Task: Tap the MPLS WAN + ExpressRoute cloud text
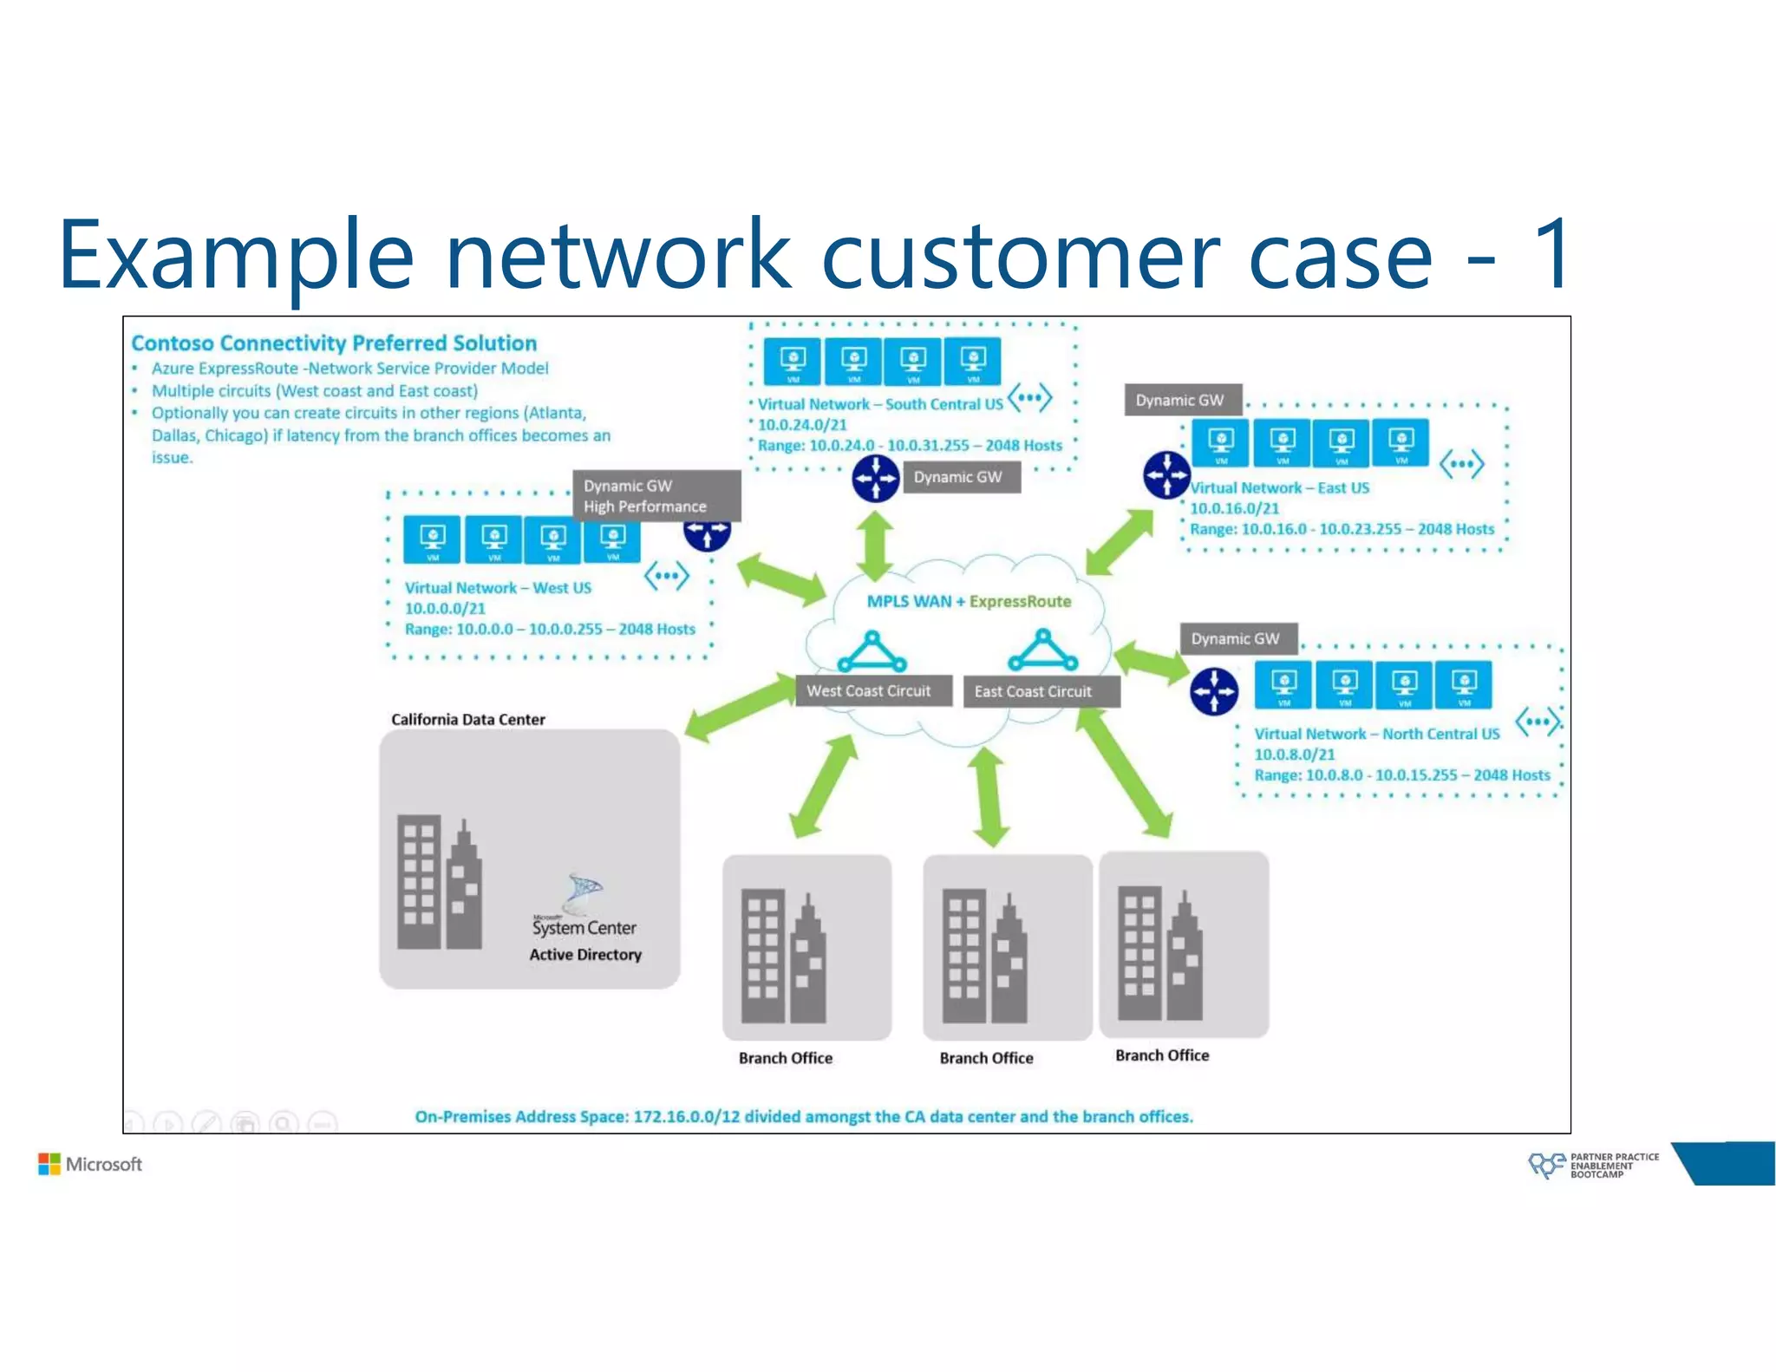[969, 601]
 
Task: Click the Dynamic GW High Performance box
[656, 496]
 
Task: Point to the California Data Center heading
[467, 719]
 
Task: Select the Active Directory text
[585, 955]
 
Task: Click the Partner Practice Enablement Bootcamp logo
[1593, 1165]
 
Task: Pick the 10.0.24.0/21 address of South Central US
[801, 424]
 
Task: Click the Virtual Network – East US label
[1280, 488]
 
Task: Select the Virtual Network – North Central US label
[1376, 734]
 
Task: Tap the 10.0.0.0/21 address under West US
[445, 608]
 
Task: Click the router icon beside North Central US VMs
[1214, 691]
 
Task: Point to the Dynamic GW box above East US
[1181, 400]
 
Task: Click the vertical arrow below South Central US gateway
[876, 546]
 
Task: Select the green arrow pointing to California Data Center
[738, 710]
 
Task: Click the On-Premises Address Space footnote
[803, 1116]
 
